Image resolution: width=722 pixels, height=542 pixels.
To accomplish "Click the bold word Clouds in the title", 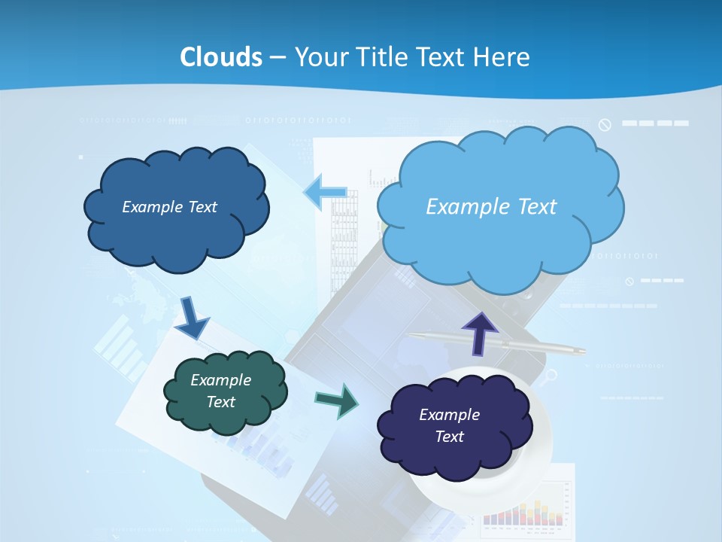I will click(x=221, y=56).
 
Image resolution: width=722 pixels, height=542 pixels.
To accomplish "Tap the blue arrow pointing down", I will click(x=193, y=317).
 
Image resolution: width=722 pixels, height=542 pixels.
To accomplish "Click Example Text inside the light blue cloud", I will click(x=491, y=206).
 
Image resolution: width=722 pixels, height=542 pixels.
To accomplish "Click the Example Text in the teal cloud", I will click(x=220, y=391).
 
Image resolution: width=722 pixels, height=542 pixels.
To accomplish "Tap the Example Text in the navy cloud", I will click(x=449, y=425).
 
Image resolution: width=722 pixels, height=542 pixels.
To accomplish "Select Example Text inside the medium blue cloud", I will click(x=169, y=206).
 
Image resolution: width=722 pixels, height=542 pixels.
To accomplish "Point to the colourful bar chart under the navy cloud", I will click(x=523, y=512).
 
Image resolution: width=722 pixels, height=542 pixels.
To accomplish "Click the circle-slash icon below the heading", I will click(x=605, y=124).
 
